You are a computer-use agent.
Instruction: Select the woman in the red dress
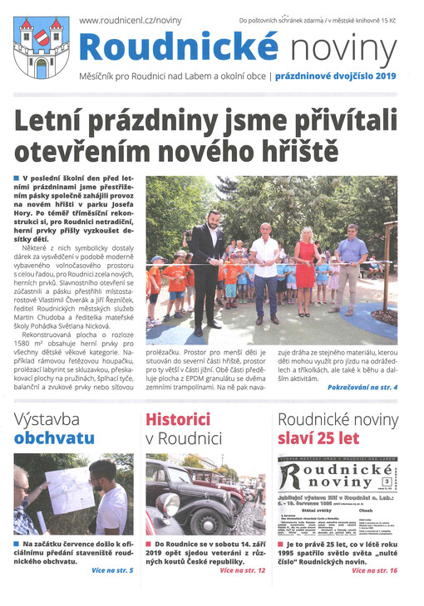tap(304, 266)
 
